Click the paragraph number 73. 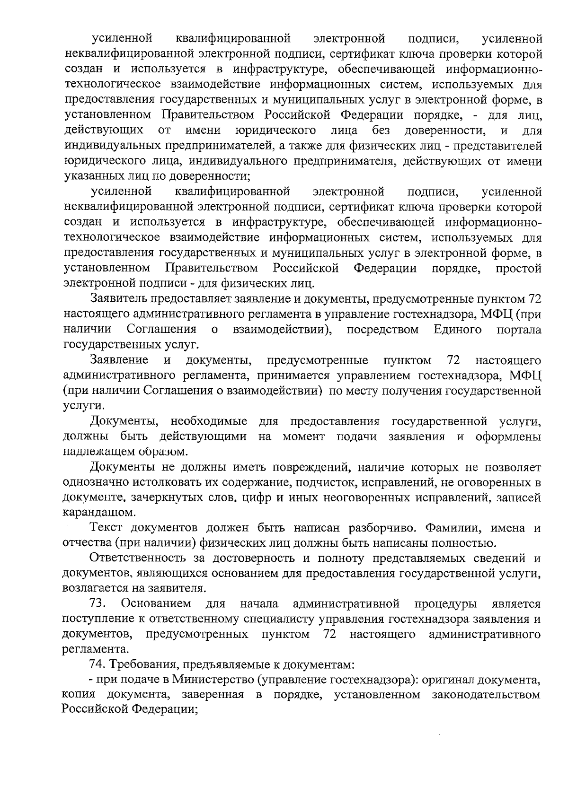[x=99, y=604]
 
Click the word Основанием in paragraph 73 [x=156, y=604]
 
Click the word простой [x=518, y=269]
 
